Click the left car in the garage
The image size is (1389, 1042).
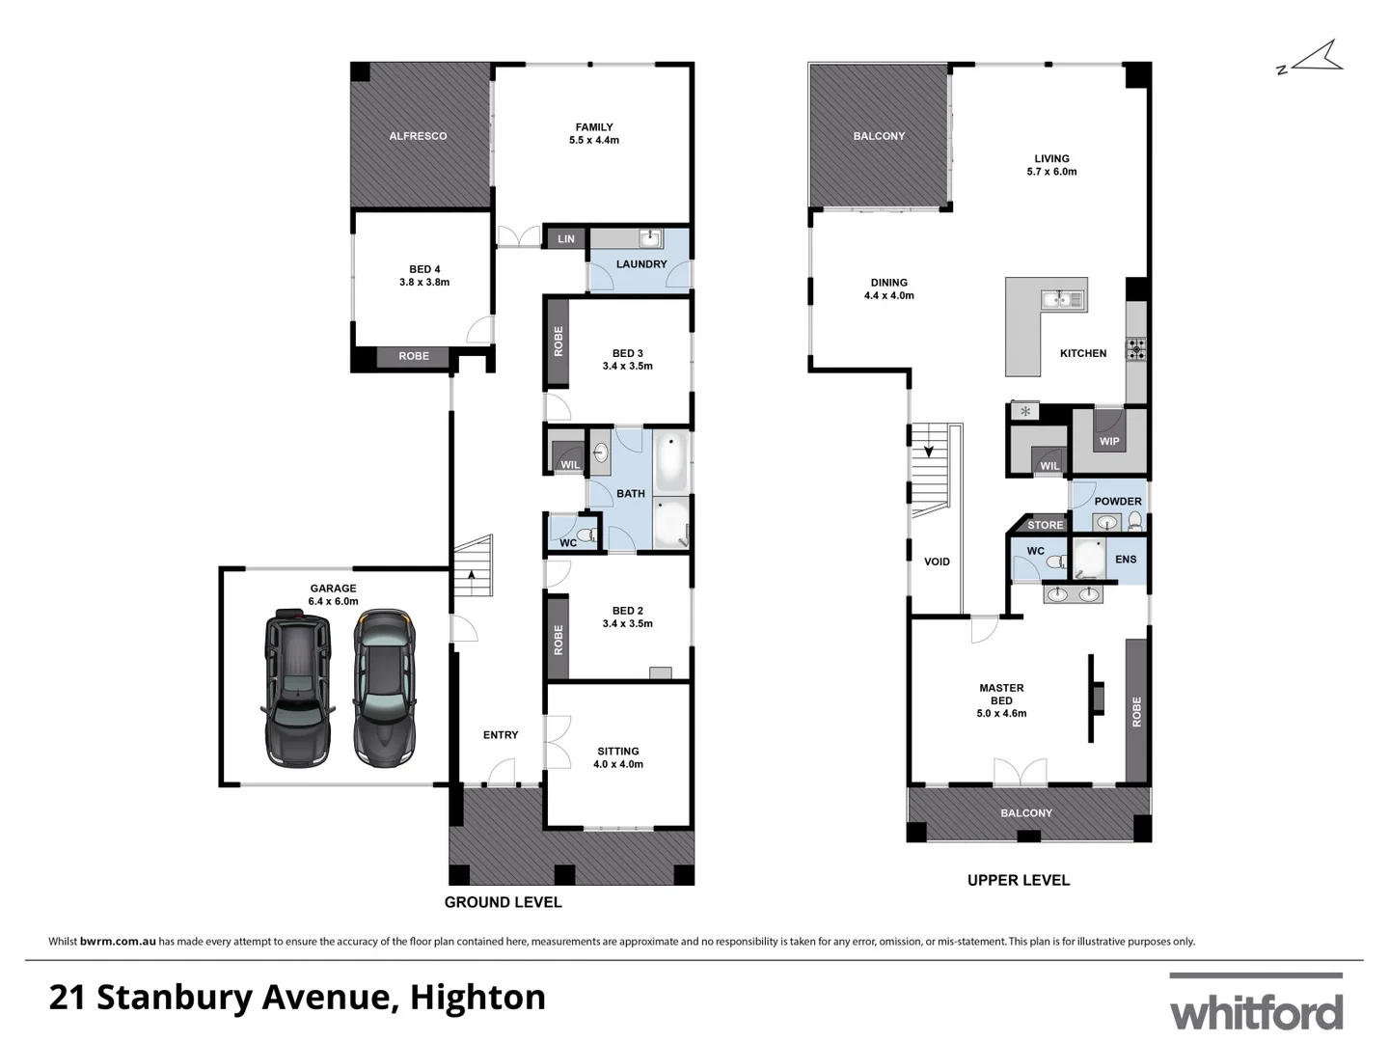297,687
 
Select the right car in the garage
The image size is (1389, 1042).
384,687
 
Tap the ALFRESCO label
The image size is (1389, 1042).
418,136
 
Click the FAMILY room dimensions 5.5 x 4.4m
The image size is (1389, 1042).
594,141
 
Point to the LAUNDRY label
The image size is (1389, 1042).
641,264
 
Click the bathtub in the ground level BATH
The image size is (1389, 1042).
670,461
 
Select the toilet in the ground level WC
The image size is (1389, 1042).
584,534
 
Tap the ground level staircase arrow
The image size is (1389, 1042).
472,575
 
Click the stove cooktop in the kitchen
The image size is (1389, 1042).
1136,349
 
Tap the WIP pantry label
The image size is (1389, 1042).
1109,442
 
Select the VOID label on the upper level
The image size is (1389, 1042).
937,562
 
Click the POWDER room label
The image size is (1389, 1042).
1118,502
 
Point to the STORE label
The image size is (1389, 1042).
1045,526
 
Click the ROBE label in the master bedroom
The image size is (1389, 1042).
1136,712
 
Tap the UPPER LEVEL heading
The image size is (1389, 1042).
1019,880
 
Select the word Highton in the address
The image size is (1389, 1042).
477,997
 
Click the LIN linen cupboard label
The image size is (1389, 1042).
566,239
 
